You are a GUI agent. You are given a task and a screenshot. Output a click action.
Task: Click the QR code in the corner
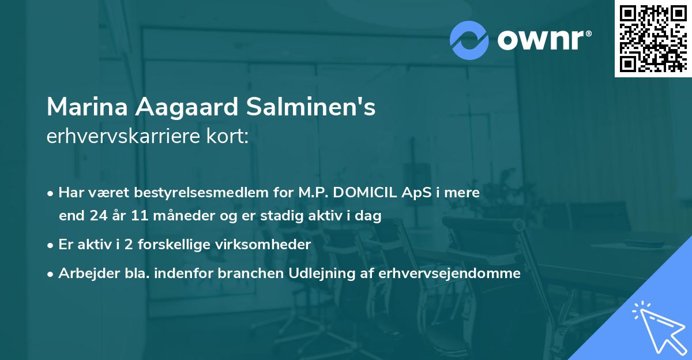653,39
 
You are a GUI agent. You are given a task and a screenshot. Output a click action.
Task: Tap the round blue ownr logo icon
469,40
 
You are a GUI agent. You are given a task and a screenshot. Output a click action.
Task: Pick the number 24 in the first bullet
97,216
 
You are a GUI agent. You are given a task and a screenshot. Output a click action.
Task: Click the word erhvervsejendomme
450,273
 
